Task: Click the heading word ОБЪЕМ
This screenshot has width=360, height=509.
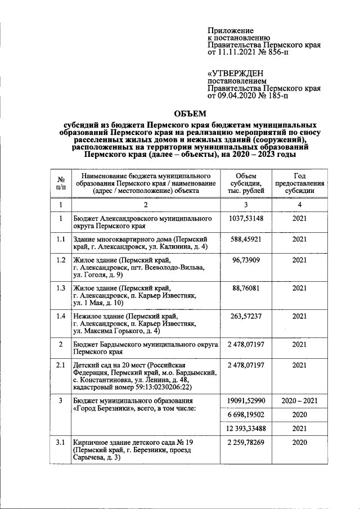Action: click(186, 113)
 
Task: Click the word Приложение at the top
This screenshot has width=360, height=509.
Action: click(231, 30)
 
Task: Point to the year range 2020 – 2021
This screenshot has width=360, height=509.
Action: click(299, 400)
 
